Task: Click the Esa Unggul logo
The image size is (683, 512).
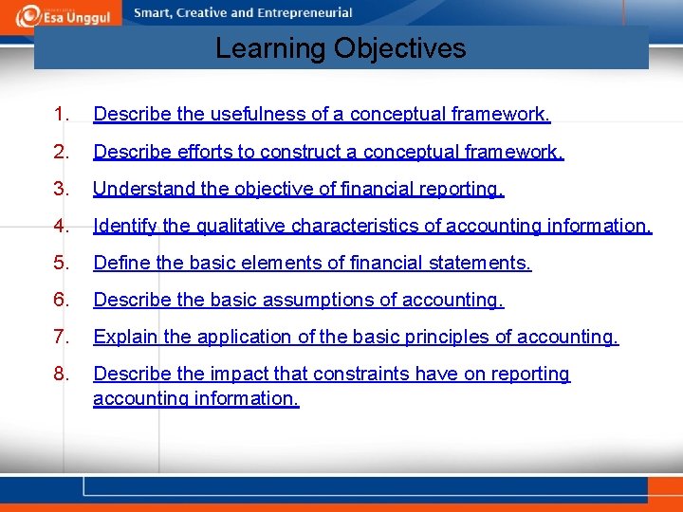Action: pyautogui.click(x=63, y=14)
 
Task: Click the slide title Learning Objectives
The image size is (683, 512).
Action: pyautogui.click(x=341, y=48)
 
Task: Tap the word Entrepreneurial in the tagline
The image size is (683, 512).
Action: pyautogui.click(x=305, y=13)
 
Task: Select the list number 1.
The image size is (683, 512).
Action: pyautogui.click(x=61, y=115)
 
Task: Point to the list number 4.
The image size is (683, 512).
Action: pyautogui.click(x=61, y=226)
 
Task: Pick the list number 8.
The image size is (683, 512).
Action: pyautogui.click(x=61, y=374)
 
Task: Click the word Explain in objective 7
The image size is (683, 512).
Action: pyautogui.click(x=122, y=337)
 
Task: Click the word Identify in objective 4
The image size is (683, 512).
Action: pyautogui.click(x=123, y=226)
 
